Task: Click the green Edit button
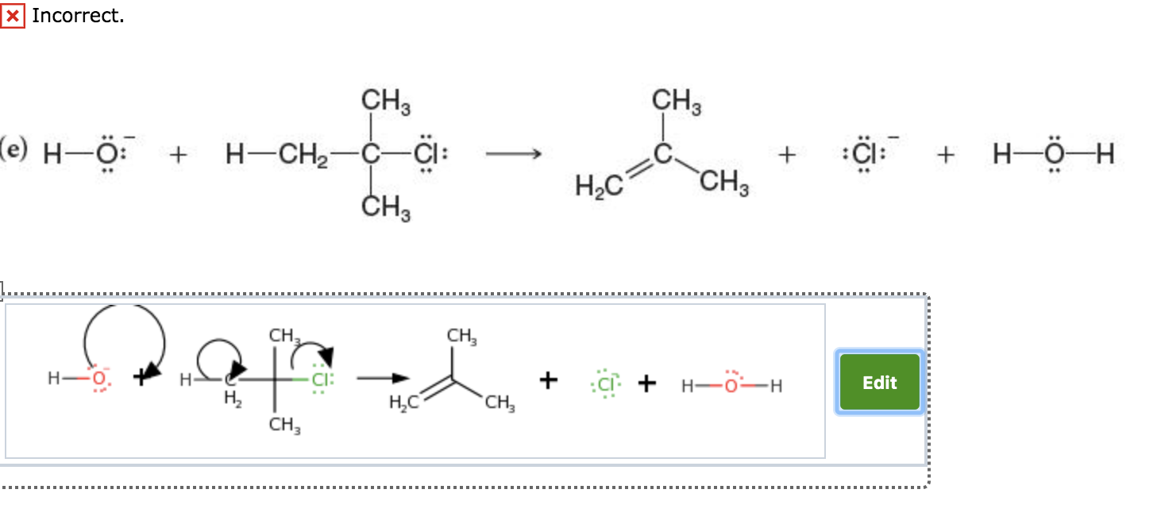coord(879,383)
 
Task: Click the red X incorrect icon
coord(13,15)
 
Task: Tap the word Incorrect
coord(78,15)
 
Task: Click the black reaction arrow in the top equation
coord(513,155)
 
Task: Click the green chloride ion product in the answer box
coord(606,384)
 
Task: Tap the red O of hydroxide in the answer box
coord(99,380)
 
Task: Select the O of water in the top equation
coord(1054,155)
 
